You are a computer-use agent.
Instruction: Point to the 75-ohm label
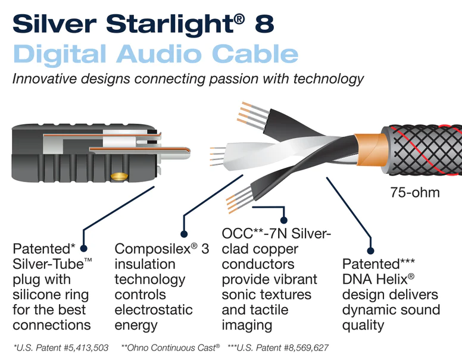point(415,193)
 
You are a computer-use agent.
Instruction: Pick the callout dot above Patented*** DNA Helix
point(371,250)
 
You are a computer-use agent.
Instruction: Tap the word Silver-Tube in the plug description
point(45,264)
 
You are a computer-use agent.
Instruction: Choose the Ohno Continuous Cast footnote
point(171,347)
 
